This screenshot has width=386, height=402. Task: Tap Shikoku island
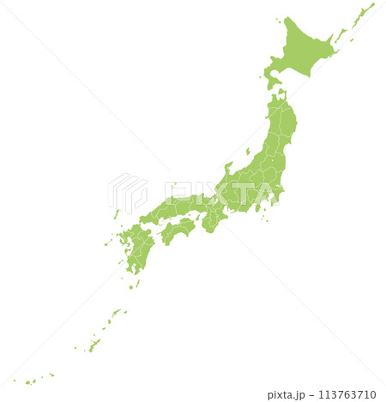coord(179,229)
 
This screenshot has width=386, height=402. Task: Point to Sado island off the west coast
coord(248,152)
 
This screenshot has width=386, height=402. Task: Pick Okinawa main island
coord(94,345)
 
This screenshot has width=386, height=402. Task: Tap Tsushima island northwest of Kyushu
coord(116,213)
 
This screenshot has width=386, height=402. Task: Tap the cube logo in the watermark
coord(127,194)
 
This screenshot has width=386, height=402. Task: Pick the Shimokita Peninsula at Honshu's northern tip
coord(282,96)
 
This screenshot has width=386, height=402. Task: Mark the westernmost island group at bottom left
coord(30,381)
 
